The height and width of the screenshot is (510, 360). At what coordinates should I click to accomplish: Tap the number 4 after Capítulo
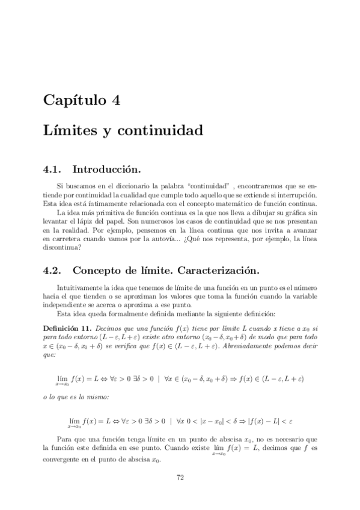pyautogui.click(x=116, y=100)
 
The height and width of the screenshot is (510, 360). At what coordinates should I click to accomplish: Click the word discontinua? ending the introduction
pyautogui.click(x=63, y=247)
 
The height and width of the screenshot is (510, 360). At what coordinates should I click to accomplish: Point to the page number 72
pyautogui.click(x=180, y=478)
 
